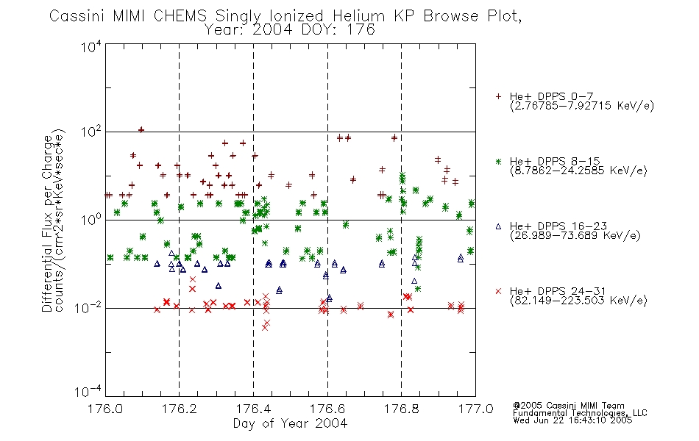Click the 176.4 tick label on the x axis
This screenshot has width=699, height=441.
point(253,408)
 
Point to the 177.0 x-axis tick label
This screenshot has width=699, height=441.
point(475,408)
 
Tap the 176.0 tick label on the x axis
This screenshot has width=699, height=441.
point(105,408)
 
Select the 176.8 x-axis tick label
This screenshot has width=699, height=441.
point(402,408)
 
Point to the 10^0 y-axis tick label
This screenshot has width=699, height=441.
point(91,220)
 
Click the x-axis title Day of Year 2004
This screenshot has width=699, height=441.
point(290,423)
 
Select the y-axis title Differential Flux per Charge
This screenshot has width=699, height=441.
point(47,223)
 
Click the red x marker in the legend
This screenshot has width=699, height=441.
point(498,291)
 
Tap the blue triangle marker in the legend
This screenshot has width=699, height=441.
point(498,226)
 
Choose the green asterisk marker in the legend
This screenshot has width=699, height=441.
point(498,162)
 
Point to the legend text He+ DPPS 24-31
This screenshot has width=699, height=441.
point(558,291)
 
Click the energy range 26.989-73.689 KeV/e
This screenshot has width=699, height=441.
point(575,235)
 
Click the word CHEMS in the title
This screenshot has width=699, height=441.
point(180,16)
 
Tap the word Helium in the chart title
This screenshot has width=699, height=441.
point(359,16)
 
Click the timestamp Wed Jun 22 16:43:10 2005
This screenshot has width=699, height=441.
point(572,420)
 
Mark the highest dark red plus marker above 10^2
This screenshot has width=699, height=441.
point(141,129)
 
